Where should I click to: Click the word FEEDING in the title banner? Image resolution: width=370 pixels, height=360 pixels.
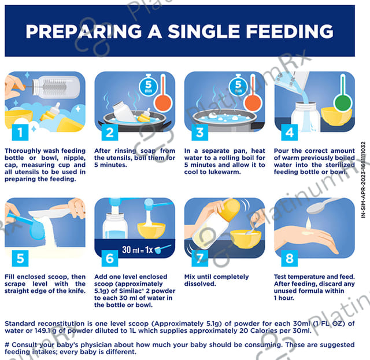289,31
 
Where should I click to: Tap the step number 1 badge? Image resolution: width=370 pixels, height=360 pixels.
20,133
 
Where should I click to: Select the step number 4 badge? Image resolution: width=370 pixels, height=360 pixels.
290,133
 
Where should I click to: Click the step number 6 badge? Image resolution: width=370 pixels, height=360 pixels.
110,259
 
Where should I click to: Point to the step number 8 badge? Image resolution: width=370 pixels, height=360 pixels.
290,259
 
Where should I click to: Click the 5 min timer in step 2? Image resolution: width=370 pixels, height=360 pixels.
148,86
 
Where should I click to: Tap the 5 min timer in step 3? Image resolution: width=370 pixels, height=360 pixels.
238,86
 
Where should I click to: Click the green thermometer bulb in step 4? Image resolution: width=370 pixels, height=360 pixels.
343,104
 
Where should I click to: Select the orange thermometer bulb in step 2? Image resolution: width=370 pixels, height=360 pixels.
162,104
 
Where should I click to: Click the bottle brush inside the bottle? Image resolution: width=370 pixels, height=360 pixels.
55,87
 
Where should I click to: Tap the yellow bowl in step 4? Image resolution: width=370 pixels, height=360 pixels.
336,116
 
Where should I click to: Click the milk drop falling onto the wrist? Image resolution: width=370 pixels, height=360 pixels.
308,223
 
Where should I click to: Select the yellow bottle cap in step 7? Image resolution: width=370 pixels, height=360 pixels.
230,210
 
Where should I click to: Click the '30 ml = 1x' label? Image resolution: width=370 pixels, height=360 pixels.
138,249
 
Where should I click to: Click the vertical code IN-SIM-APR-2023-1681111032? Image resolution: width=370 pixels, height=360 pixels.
364,180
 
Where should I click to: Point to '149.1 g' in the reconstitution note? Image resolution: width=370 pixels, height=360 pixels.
45,330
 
